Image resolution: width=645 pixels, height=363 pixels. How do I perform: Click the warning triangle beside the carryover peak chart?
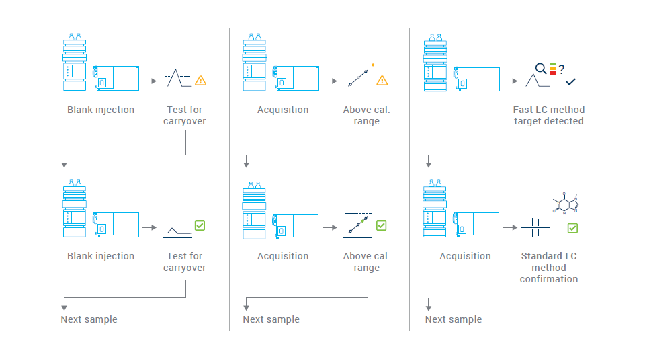pyautogui.click(x=200, y=81)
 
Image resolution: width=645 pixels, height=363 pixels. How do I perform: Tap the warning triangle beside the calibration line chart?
pyautogui.click(x=382, y=81)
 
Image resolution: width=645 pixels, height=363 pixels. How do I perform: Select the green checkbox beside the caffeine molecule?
pyautogui.click(x=572, y=229)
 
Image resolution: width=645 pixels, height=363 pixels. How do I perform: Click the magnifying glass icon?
pyautogui.click(x=540, y=68)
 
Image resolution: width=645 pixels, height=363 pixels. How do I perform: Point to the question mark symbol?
pyautogui.click(x=561, y=69)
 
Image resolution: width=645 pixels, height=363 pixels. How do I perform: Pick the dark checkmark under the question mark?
pyautogui.click(x=570, y=82)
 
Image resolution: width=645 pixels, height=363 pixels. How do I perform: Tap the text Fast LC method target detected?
pyautogui.click(x=548, y=116)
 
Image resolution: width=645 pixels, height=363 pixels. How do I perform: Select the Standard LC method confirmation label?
pyautogui.click(x=548, y=268)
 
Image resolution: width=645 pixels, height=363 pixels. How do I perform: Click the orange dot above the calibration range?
pyautogui.click(x=373, y=65)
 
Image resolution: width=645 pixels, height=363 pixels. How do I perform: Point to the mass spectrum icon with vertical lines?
pyautogui.click(x=535, y=227)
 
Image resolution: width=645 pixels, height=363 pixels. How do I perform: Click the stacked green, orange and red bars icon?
pyautogui.click(x=552, y=68)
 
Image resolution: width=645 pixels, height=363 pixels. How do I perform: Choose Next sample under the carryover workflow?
pyautogui.click(x=89, y=319)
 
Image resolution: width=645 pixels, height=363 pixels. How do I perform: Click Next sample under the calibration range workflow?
pyautogui.click(x=271, y=319)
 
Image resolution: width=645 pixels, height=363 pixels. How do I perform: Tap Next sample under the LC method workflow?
pyautogui.click(x=454, y=319)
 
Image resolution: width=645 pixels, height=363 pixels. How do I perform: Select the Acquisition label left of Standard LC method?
pyautogui.click(x=465, y=256)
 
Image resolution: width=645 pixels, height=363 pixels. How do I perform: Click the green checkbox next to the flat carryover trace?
pyautogui.click(x=200, y=225)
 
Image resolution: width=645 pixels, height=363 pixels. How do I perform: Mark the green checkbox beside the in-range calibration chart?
pyautogui.click(x=382, y=225)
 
